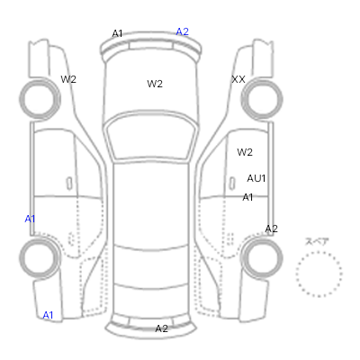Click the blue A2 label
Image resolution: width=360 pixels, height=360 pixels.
[183, 31]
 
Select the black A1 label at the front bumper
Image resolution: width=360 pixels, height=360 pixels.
[117, 33]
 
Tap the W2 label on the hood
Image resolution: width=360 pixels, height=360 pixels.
[155, 84]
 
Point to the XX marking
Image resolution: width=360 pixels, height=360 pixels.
[238, 79]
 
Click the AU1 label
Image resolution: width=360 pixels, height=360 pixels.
[256, 178]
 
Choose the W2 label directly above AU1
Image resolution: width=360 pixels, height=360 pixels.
[245, 152]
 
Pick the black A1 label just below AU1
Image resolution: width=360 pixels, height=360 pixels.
[247, 197]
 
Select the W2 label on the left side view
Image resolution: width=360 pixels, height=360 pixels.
[68, 79]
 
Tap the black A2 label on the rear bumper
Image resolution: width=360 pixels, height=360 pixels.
[161, 328]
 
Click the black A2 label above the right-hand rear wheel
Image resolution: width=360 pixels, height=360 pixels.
[271, 229]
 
